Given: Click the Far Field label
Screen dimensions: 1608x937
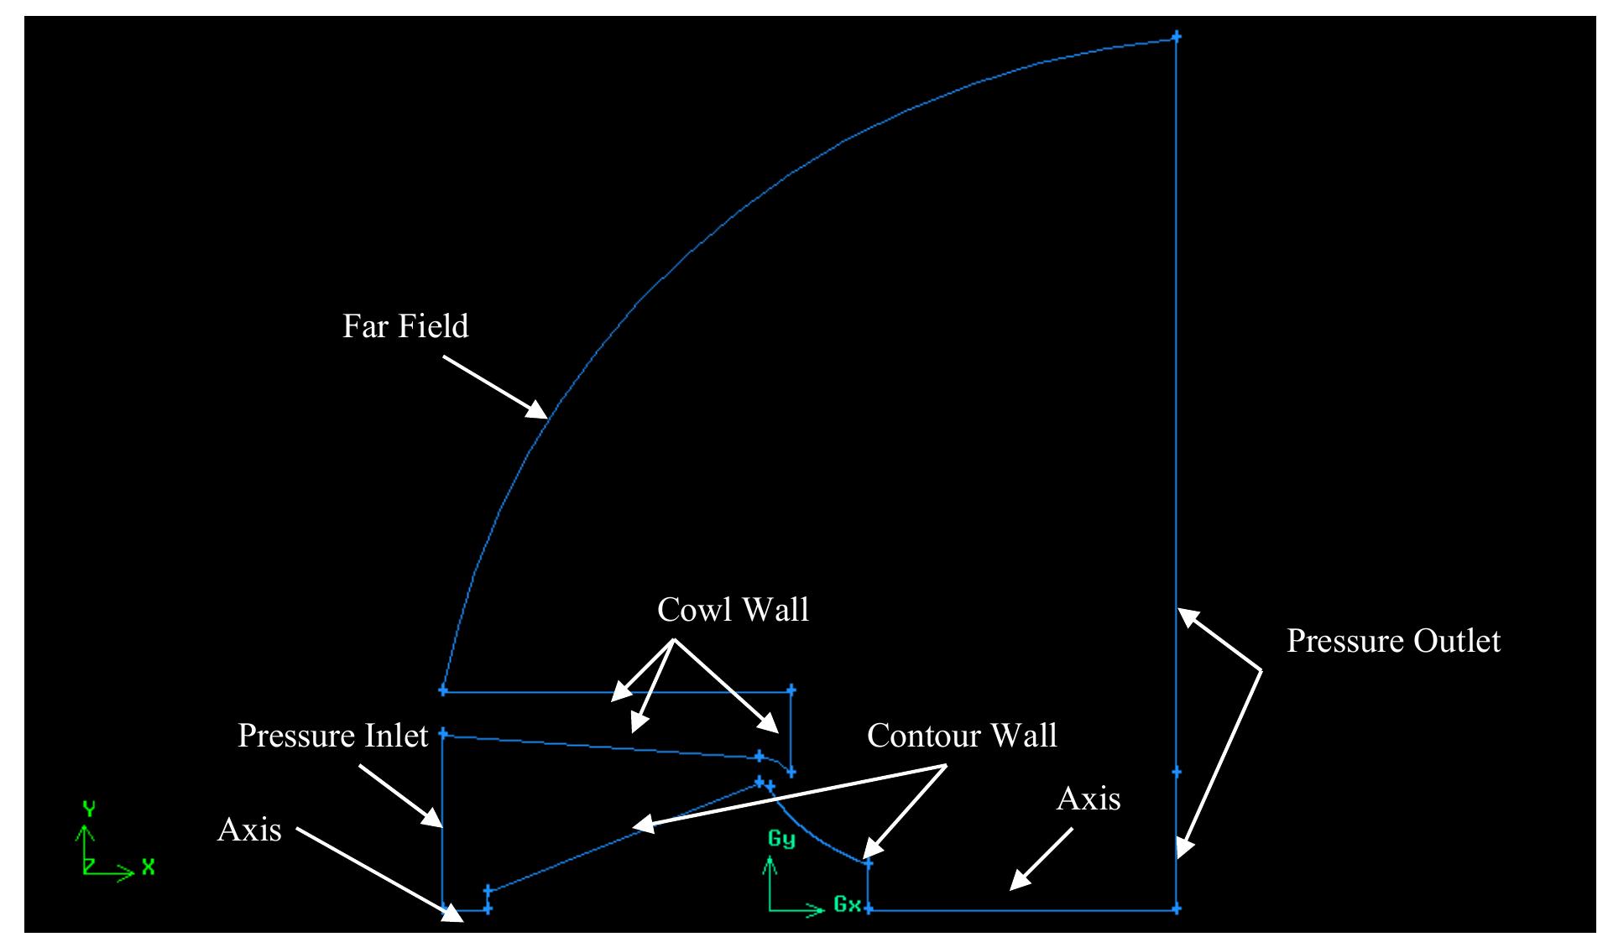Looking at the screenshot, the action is point(405,325).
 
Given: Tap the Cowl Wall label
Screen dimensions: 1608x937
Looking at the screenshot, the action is point(733,610).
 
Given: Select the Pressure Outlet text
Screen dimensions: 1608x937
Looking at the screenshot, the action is point(1393,641).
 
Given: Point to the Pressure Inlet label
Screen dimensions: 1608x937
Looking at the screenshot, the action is point(333,736).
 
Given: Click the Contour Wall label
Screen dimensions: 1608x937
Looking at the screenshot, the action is point(962,736).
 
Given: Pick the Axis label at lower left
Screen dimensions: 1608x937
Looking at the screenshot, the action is point(249,830).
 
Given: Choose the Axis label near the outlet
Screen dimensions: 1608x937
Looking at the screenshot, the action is point(1089,799).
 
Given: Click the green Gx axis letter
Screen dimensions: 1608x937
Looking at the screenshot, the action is point(847,904).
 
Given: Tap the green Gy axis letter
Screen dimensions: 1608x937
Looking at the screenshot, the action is point(781,840).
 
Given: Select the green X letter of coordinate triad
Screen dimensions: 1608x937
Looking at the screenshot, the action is point(148,867).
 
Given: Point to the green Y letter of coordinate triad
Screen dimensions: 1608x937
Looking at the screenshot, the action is point(88,809).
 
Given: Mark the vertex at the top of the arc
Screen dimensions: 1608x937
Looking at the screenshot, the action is point(1176,37).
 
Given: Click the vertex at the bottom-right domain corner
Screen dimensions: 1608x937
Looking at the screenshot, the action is point(1176,908).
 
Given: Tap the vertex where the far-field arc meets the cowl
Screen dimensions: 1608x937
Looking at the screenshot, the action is point(443,690).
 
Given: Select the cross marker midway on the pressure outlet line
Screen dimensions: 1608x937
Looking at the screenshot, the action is point(1176,772).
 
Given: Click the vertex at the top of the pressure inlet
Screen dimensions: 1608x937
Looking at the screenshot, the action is point(443,733).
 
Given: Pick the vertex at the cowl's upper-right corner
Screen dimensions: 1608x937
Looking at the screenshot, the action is point(791,690).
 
